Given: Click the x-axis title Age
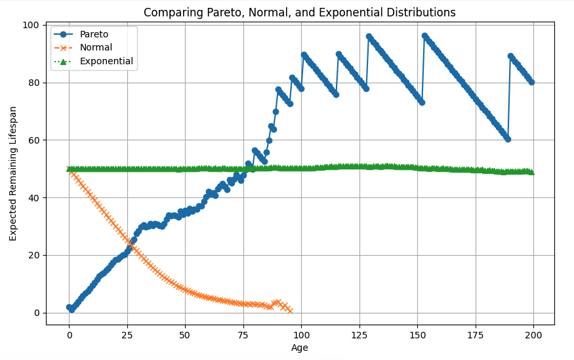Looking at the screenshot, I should (x=300, y=348).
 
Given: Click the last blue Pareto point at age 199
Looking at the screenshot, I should (x=531, y=82).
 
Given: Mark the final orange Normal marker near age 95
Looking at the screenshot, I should (x=290, y=310).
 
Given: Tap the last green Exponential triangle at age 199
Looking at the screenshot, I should (x=531, y=172).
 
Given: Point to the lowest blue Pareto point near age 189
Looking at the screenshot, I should (x=508, y=139).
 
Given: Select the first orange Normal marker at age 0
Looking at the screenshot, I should (x=69, y=169).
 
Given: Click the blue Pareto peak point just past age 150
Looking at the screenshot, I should (x=424, y=36).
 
